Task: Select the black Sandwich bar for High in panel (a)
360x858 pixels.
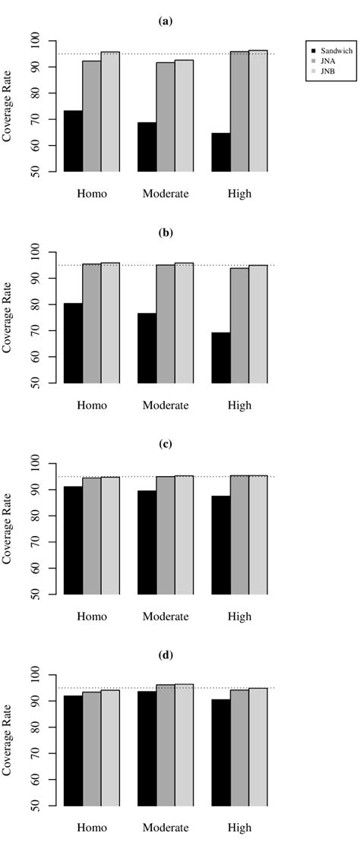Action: pyautogui.click(x=221, y=153)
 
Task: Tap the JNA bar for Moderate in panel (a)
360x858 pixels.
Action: pyautogui.click(x=166, y=117)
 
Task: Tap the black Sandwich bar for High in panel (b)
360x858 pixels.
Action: pyautogui.click(x=221, y=358)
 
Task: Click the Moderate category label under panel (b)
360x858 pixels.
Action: pyautogui.click(x=166, y=405)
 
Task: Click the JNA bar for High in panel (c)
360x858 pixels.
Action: pyautogui.click(x=239, y=535)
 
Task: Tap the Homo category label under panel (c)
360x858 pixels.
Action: pyautogui.click(x=92, y=617)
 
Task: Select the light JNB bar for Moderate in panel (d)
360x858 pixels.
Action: pyautogui.click(x=184, y=745)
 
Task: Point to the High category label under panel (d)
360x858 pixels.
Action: pyautogui.click(x=239, y=828)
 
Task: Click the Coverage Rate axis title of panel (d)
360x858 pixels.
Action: pyautogui.click(x=8, y=740)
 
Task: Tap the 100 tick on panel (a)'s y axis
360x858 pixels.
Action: pyautogui.click(x=35, y=41)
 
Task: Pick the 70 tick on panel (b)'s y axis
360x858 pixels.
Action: pyautogui.click(x=35, y=331)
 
